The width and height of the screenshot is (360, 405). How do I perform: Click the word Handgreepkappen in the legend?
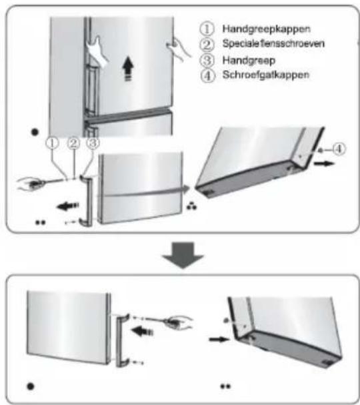266,29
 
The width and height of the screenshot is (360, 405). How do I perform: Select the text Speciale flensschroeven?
273,43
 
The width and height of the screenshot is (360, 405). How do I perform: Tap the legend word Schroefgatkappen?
266,75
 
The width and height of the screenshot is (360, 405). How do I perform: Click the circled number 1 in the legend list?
207,29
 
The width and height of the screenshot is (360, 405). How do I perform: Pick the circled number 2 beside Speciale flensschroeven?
207,44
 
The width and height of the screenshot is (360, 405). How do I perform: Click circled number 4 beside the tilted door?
339,149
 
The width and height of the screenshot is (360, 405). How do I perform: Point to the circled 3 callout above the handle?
93,143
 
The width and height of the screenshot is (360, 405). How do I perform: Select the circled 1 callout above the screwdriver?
53,143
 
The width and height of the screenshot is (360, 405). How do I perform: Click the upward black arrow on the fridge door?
128,69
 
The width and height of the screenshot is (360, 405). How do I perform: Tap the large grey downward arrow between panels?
183,255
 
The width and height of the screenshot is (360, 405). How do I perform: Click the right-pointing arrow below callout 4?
324,163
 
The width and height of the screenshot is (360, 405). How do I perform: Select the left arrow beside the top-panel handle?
67,206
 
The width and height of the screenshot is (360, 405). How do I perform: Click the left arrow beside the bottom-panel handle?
142,331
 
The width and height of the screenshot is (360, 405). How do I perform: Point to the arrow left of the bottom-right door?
219,339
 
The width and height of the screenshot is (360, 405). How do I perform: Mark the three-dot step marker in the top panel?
192,206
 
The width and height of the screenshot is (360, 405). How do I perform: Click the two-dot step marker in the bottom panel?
225,386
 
